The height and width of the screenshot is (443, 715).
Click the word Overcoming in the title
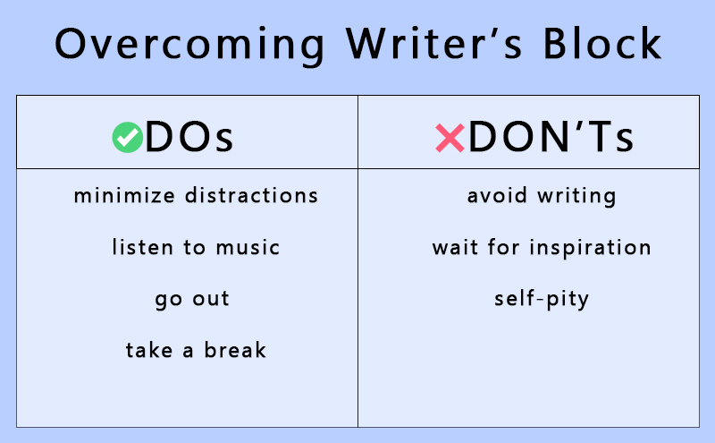[189, 45]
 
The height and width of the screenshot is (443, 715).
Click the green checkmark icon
[128, 137]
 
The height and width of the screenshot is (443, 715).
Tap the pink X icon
[450, 138]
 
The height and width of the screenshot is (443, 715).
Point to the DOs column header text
[189, 137]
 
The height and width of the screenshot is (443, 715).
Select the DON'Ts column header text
[551, 137]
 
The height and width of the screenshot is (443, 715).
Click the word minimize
[124, 195]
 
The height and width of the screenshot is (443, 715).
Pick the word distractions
[251, 195]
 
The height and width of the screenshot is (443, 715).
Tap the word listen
[142, 247]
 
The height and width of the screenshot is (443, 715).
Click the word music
[248, 247]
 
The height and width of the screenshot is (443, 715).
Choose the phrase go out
[192, 300]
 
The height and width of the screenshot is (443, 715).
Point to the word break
[235, 350]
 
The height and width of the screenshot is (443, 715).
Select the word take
[149, 350]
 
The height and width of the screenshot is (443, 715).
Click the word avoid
[497, 195]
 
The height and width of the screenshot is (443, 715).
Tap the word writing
[576, 196]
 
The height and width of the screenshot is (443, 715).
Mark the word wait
[455, 248]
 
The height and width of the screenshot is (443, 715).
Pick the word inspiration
[590, 248]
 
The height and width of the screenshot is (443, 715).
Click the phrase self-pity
[542, 300]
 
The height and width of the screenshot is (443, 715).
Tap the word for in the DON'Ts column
[503, 247]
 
